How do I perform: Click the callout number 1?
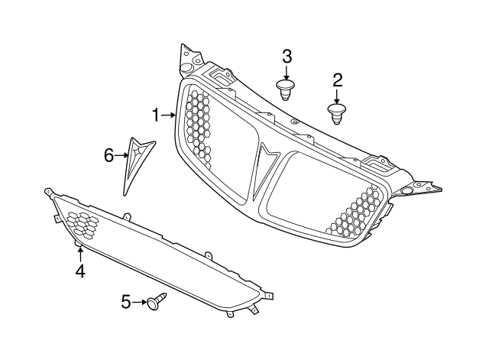[x=156, y=115]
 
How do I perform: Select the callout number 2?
[x=338, y=80]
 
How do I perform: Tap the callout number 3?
[x=287, y=57]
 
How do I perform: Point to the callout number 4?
[x=80, y=271]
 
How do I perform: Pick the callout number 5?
[x=126, y=302]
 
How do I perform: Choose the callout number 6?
[x=108, y=155]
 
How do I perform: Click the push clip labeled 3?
[x=286, y=90]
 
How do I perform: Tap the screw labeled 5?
[x=157, y=300]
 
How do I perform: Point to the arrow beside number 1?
[x=168, y=115]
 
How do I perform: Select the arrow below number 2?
[x=337, y=97]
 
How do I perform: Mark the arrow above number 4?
[x=80, y=254]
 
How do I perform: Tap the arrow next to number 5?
[x=139, y=302]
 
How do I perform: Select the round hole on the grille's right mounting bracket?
[x=406, y=191]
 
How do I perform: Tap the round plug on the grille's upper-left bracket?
[x=186, y=68]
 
